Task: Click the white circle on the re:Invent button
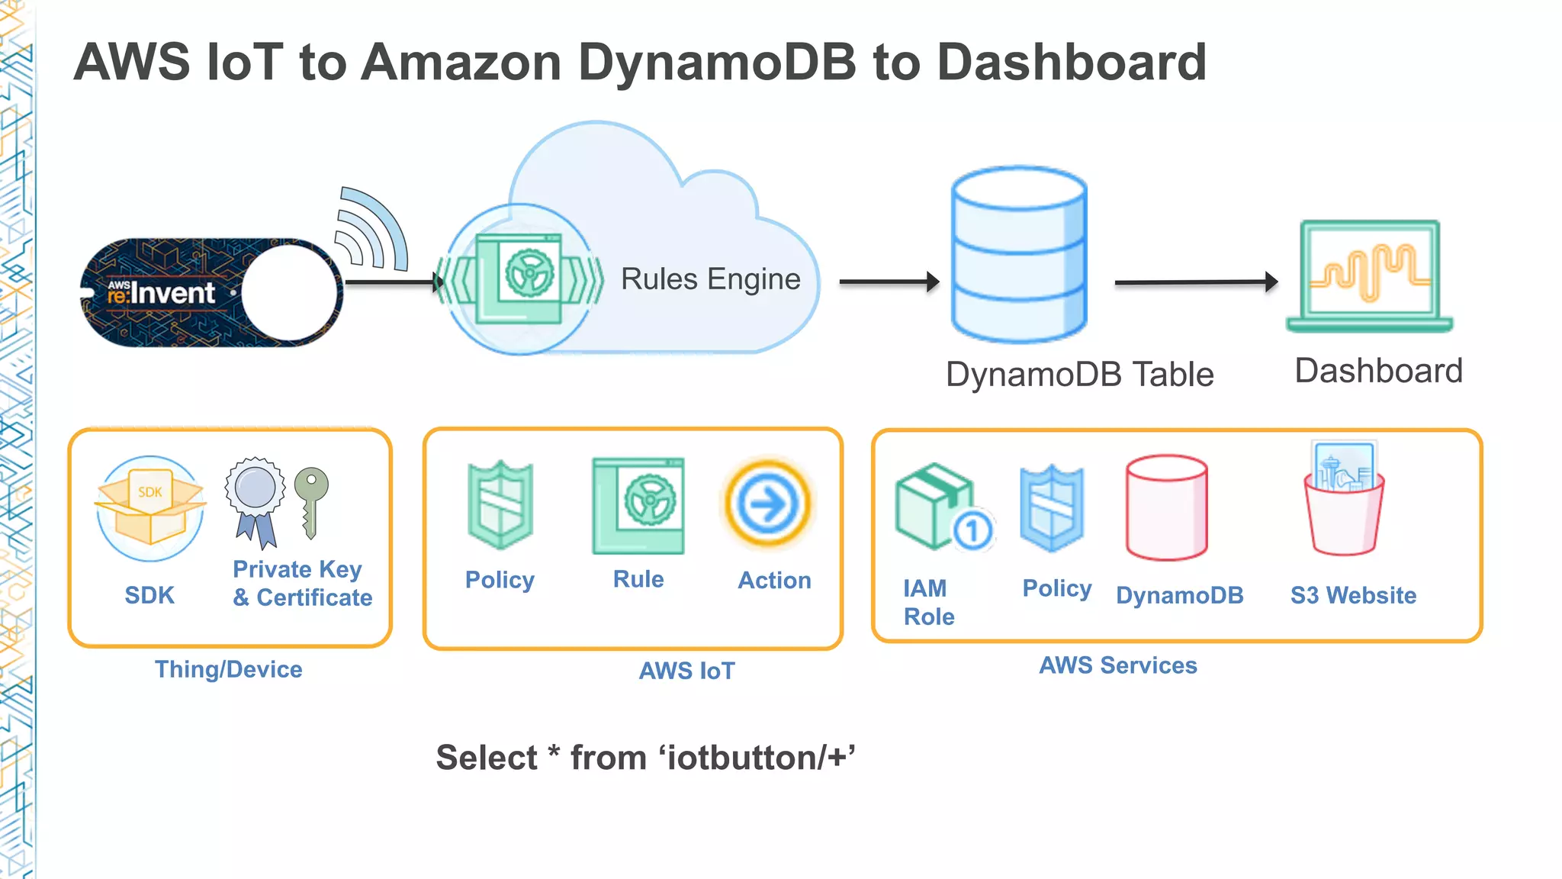(290, 293)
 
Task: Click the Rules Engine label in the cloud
(710, 279)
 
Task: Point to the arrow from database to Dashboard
(1195, 282)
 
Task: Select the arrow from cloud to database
(889, 282)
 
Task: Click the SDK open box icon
(150, 507)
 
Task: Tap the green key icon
(311, 500)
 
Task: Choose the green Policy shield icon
(500, 504)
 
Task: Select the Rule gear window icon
(638, 505)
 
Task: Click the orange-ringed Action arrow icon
(768, 504)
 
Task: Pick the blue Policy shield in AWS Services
(1052, 508)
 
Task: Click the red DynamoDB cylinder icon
(1166, 507)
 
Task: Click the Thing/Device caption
(229, 669)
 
